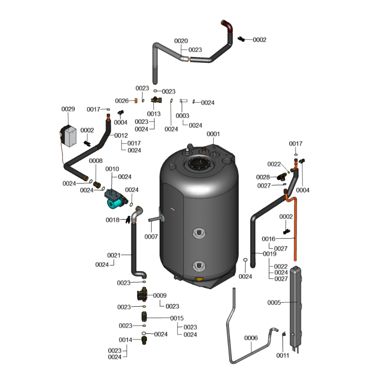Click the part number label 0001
pos(213,134)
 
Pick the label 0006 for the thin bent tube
pos(251,338)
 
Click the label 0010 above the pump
pos(112,169)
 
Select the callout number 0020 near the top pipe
pos(181,41)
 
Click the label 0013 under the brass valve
pos(154,114)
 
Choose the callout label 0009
pos(160,295)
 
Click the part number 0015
pos(177,318)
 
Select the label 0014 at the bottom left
pos(125,340)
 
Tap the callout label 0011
pos(283,355)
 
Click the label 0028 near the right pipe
pos(263,177)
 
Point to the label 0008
pos(96,161)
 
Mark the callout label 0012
pos(121,136)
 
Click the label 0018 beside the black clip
pos(112,220)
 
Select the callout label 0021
pos(114,255)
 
